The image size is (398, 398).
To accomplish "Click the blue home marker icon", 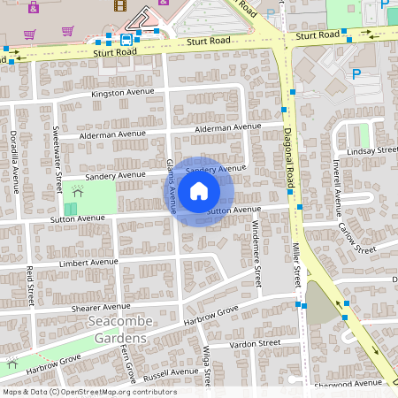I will pyautogui.click(x=199, y=191).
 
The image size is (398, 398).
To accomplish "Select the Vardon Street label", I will pyautogui.click(x=255, y=342).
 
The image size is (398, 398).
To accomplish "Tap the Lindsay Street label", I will pyautogui.click(x=371, y=151).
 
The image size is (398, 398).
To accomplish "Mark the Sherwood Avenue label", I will pyautogui.click(x=353, y=383).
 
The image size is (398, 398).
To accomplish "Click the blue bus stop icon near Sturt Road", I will pyautogui.click(x=126, y=39).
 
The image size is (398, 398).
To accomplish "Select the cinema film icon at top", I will pyautogui.click(x=119, y=4).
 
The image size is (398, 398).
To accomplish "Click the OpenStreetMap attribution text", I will pyautogui.click(x=89, y=392).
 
